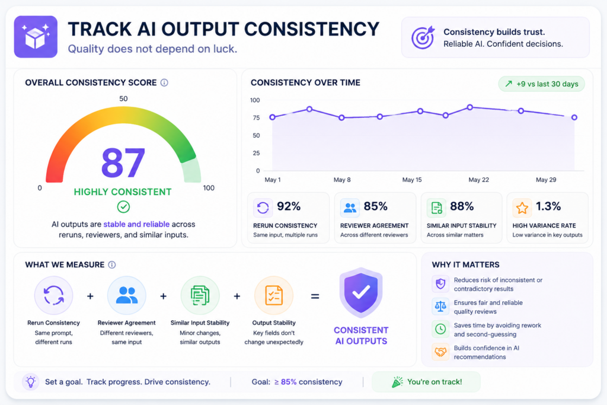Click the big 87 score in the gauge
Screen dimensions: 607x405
coord(123,162)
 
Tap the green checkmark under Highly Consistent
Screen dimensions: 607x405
coord(123,207)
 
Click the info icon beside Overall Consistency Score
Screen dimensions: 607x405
coord(164,82)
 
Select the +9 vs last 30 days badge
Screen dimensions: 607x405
coord(542,84)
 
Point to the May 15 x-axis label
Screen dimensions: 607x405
coord(412,180)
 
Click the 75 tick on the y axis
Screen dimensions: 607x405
coord(256,118)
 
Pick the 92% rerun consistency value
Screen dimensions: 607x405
coord(289,206)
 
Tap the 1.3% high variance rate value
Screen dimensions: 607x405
coord(548,206)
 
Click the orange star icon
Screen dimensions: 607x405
coord(522,208)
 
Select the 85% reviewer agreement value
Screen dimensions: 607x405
coord(375,206)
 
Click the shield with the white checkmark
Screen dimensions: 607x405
coord(361,292)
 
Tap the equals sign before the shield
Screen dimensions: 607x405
coord(315,296)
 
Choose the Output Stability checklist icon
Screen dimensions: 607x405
coord(274,295)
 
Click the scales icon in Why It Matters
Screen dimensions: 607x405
coord(440,306)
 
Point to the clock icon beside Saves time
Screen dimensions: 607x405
coord(440,329)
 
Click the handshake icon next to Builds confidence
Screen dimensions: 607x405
coord(440,352)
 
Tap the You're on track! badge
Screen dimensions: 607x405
coord(426,382)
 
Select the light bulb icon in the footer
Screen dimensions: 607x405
coord(31,382)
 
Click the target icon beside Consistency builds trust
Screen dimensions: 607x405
coord(423,37)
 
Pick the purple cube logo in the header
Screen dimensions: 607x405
coord(36,37)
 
